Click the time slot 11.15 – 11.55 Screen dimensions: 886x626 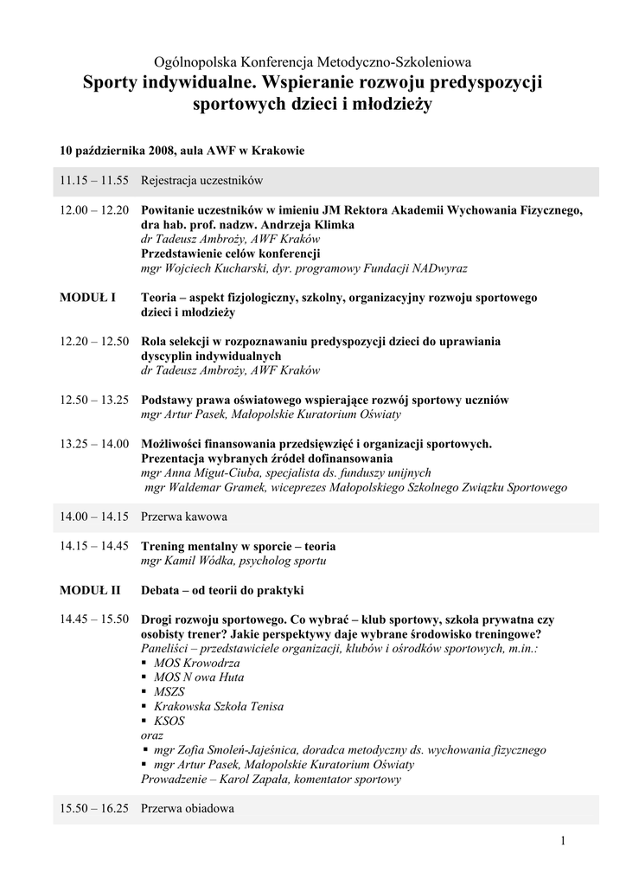94,181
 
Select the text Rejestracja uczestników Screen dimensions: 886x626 201,181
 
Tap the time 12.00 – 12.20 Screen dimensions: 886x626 94,210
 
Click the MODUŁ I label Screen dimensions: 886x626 87,298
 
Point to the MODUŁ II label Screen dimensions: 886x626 90,590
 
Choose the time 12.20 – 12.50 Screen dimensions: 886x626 94,341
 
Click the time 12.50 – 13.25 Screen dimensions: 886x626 94,400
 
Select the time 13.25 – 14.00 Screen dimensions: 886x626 94,444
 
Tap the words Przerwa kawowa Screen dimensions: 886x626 184,517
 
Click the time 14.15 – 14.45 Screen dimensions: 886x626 94,546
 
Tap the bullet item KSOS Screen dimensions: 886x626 169,721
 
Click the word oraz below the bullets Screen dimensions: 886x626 152,735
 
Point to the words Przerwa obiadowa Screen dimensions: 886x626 188,809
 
